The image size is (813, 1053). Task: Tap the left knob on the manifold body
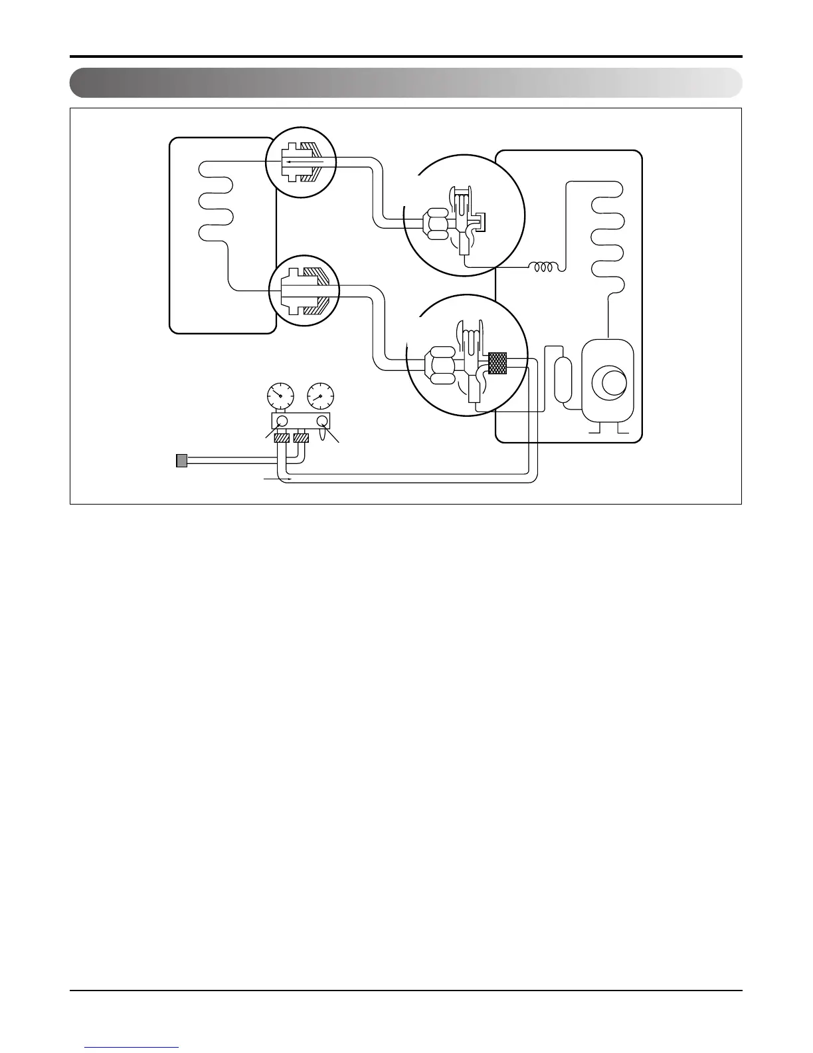pyautogui.click(x=281, y=421)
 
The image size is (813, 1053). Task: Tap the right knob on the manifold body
pyautogui.click(x=323, y=421)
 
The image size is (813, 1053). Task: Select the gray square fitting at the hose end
pyautogui.click(x=181, y=460)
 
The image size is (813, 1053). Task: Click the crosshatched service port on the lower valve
pyautogui.click(x=497, y=362)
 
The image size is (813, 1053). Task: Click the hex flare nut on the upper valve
pyautogui.click(x=436, y=223)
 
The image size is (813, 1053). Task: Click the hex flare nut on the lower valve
pyautogui.click(x=440, y=365)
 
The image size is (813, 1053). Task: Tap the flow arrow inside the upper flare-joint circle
pyautogui.click(x=304, y=162)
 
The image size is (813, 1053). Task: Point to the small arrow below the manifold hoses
pyautogui.click(x=277, y=478)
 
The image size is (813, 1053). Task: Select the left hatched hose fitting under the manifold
pyautogui.click(x=280, y=439)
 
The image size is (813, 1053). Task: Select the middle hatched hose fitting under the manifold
pyautogui.click(x=302, y=439)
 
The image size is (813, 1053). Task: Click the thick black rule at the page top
pyautogui.click(x=406, y=57)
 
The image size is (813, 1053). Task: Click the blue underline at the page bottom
pyautogui.click(x=132, y=1048)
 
